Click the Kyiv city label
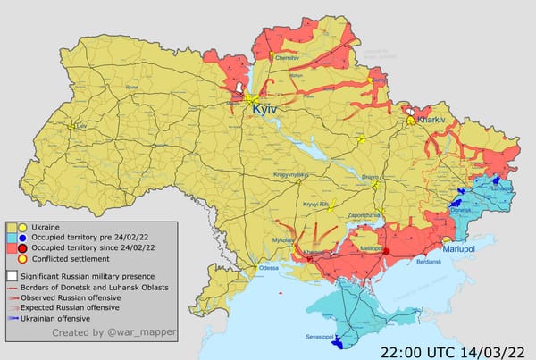click(x=266, y=108)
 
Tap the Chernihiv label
click(x=286, y=57)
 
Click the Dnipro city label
click(x=370, y=178)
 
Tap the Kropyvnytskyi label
click(x=290, y=174)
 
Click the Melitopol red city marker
click(x=386, y=251)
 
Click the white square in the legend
click(x=12, y=277)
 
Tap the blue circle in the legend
click(x=23, y=238)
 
